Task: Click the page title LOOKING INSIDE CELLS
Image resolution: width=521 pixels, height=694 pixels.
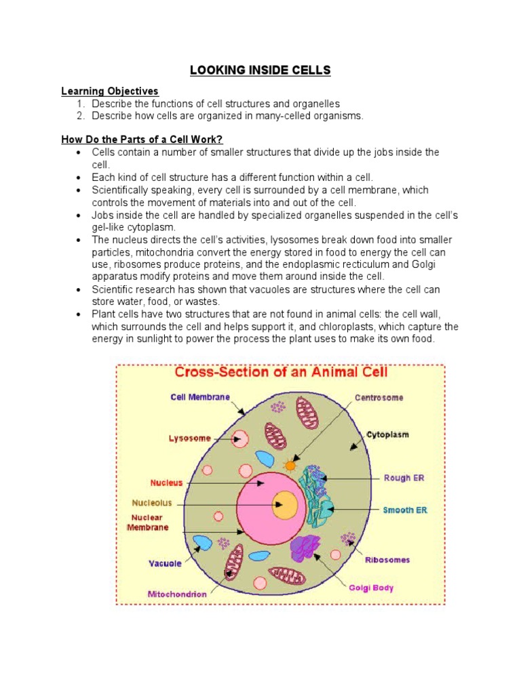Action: (x=260, y=71)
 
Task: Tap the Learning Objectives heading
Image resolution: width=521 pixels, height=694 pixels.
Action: (x=110, y=91)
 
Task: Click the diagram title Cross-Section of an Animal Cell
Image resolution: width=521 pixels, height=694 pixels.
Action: (x=280, y=372)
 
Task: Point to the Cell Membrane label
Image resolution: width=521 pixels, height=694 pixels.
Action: (x=200, y=397)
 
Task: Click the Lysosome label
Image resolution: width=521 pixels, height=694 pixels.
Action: (x=190, y=438)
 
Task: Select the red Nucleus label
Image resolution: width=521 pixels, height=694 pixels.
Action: (x=166, y=483)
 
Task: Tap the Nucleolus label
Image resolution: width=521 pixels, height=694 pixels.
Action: (x=152, y=504)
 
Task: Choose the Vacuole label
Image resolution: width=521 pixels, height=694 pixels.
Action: (x=166, y=563)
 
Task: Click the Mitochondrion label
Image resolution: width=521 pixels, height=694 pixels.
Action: (x=177, y=594)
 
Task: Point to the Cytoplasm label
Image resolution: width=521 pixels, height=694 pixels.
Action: (x=388, y=434)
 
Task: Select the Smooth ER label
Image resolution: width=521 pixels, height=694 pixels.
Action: (x=405, y=510)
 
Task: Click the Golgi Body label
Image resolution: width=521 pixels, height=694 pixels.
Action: (x=371, y=588)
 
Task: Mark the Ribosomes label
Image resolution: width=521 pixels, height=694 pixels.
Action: (x=388, y=560)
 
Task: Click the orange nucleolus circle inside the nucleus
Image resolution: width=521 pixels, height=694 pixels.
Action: (x=285, y=505)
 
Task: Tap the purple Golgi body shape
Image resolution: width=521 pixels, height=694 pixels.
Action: (x=305, y=548)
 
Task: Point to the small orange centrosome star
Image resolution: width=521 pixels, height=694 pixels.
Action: (x=290, y=466)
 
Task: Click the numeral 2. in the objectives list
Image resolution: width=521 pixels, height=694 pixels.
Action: (x=80, y=116)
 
